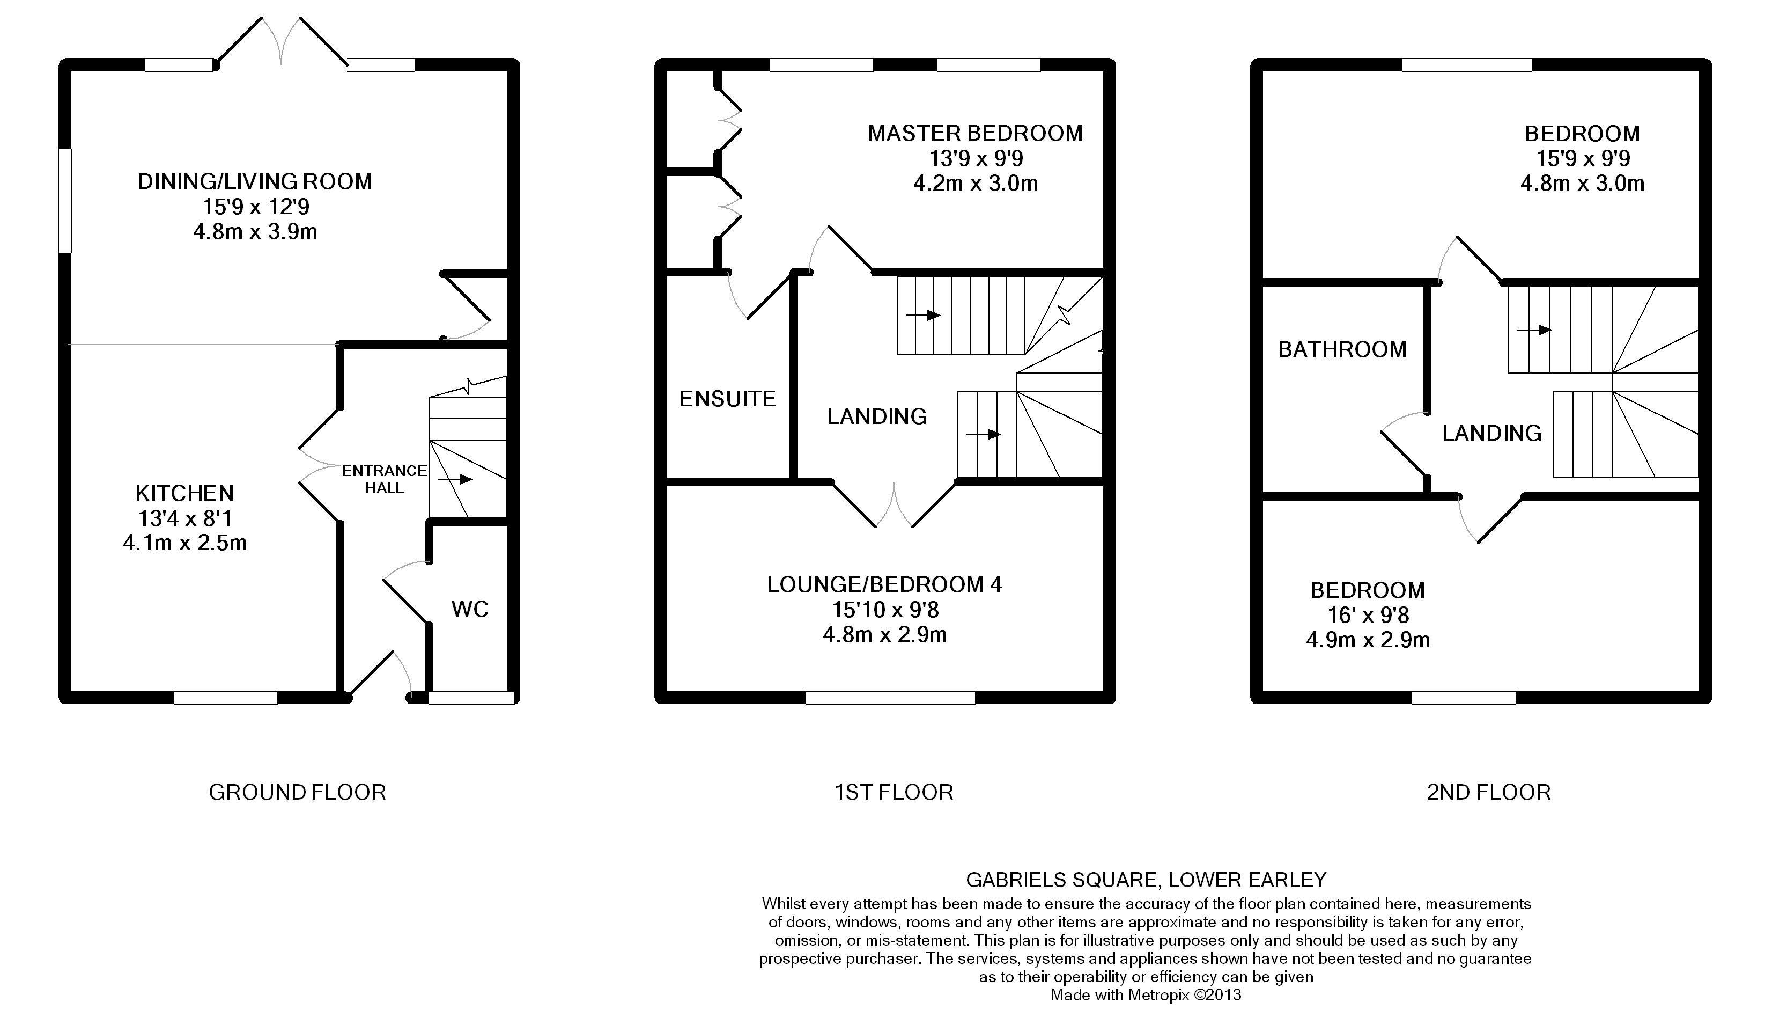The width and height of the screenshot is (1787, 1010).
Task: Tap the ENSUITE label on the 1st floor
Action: pyautogui.click(x=727, y=398)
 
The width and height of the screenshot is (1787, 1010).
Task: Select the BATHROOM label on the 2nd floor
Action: pyautogui.click(x=1342, y=349)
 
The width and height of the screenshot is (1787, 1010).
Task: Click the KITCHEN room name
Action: pyautogui.click(x=184, y=493)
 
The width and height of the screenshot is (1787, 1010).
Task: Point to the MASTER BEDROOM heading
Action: pyautogui.click(x=976, y=133)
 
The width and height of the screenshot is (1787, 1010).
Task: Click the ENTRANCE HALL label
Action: pyautogui.click(x=385, y=479)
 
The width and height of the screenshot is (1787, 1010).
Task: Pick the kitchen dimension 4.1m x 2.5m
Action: pyautogui.click(x=185, y=542)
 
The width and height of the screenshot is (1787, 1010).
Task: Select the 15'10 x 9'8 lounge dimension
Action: pyautogui.click(x=885, y=610)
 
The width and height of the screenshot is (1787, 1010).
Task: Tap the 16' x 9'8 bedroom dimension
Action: pyautogui.click(x=1368, y=615)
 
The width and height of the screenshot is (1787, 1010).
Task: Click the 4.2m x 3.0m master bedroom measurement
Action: pyautogui.click(x=976, y=183)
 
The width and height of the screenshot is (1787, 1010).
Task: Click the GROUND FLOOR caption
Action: pyautogui.click(x=297, y=792)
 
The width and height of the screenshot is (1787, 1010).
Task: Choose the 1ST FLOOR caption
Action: pyautogui.click(x=893, y=792)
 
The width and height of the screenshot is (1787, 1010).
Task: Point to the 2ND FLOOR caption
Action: pyautogui.click(x=1489, y=792)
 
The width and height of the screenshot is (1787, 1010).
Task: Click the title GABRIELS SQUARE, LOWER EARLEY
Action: pyautogui.click(x=1146, y=880)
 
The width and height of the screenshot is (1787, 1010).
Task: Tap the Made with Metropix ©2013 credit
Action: pyautogui.click(x=1146, y=995)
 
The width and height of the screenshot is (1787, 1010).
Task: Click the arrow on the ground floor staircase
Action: pyautogui.click(x=455, y=479)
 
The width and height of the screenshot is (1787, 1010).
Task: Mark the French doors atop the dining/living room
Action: pyautogui.click(x=281, y=42)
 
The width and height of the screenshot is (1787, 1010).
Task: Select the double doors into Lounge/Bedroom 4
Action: pyautogui.click(x=894, y=504)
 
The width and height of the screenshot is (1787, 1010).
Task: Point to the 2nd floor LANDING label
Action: pyautogui.click(x=1491, y=433)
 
